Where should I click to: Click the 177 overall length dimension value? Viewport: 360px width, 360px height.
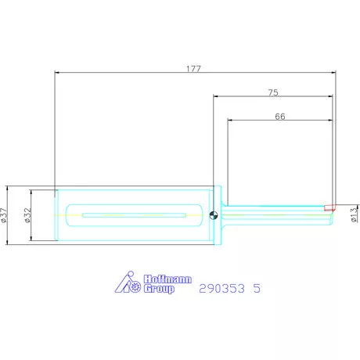[x=193, y=69]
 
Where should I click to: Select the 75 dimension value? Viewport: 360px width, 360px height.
[x=273, y=92]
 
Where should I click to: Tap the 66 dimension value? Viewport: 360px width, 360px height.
[x=280, y=116]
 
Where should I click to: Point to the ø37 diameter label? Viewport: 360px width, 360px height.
[x=4, y=215]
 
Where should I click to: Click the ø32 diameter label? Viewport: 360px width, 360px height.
[x=27, y=215]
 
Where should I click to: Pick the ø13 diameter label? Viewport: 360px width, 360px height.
[x=355, y=215]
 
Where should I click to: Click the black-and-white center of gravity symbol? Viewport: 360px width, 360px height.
[x=214, y=215]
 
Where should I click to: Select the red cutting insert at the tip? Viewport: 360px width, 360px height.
[x=329, y=207]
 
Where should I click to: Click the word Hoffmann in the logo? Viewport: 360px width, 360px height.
[x=167, y=279]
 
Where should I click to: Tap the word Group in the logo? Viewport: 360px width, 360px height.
[x=159, y=289]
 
